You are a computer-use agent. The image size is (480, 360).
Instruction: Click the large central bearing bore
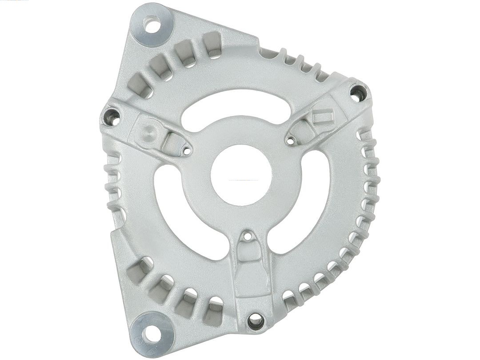[241, 175]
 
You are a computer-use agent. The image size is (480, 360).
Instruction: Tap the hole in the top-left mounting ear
[152, 24]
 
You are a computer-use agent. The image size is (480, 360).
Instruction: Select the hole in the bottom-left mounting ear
[152, 334]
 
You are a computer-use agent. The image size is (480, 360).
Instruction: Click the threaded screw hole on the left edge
[111, 117]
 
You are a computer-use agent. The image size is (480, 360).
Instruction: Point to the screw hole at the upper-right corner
[358, 93]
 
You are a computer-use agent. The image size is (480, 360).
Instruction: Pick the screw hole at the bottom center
[256, 320]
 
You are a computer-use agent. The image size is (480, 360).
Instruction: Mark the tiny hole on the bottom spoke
[248, 236]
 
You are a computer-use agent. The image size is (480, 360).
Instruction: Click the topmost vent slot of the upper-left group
[213, 44]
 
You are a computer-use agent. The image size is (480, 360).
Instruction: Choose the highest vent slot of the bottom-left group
[138, 271]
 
